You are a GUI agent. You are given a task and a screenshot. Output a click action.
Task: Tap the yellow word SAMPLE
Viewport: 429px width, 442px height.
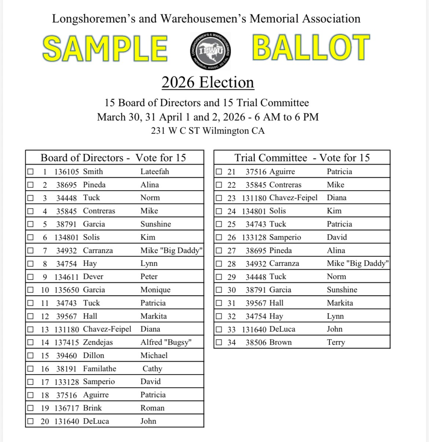105,48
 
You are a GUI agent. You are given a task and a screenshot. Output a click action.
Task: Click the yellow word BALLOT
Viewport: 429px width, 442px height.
311,48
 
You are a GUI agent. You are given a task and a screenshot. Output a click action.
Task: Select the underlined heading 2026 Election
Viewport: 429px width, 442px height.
208,82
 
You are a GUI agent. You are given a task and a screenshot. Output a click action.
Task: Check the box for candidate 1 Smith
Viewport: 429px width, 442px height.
30,171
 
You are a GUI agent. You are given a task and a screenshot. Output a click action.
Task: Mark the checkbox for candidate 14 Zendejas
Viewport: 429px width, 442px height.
30,342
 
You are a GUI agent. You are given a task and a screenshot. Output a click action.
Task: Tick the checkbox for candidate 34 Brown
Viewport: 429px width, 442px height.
219,342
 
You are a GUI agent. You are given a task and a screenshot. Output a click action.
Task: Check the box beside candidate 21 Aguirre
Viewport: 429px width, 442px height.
219,171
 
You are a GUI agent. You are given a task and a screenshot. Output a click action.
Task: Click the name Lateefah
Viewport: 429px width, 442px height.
155,171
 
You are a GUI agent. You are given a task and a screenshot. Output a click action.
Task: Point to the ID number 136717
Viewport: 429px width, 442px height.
66,408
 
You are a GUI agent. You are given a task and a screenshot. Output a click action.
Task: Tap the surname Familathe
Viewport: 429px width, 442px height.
99,369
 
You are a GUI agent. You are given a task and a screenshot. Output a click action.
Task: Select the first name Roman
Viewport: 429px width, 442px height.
152,408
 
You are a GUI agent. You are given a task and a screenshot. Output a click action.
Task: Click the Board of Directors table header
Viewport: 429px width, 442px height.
113,157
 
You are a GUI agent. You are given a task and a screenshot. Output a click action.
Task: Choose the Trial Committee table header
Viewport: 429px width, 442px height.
302,157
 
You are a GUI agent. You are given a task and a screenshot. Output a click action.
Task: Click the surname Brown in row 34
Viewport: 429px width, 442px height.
280,342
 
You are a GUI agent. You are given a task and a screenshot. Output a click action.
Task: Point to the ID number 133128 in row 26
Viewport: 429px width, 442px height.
254,237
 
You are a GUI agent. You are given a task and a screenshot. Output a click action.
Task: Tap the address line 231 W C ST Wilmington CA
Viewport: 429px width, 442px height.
208,131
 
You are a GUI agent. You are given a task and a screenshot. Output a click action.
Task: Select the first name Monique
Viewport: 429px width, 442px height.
155,290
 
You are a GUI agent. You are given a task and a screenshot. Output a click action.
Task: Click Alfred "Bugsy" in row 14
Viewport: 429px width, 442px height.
166,342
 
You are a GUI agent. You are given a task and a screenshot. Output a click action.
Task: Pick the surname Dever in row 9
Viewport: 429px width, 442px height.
93,276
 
